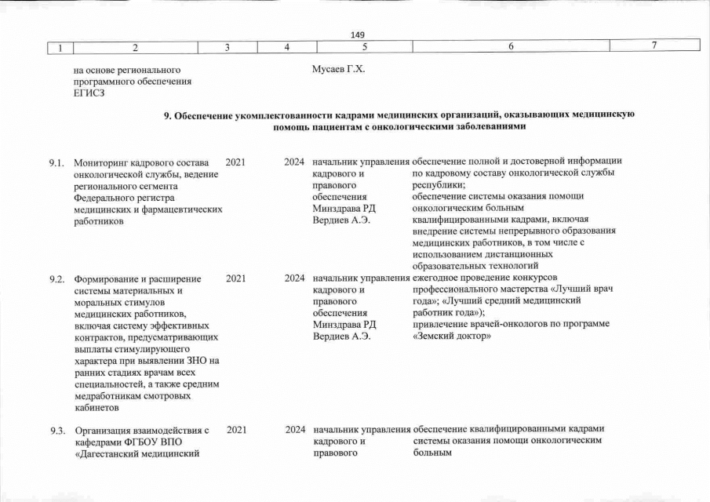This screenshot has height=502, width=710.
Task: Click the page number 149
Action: [x=359, y=34]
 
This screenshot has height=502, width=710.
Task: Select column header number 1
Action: [x=59, y=47]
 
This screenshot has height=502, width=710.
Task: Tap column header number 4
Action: [x=287, y=47]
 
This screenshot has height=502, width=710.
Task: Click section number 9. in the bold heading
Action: [x=168, y=115]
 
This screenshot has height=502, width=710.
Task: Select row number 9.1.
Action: [x=56, y=162]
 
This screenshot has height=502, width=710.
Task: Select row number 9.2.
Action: [x=56, y=278]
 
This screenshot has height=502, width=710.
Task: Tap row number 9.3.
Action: [x=56, y=430]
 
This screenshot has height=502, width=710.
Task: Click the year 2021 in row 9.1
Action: [x=235, y=162]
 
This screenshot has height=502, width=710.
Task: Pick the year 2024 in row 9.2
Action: [x=295, y=278]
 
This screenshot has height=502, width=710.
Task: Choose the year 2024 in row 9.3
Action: [x=295, y=430]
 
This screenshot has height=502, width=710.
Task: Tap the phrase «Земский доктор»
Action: [x=451, y=336]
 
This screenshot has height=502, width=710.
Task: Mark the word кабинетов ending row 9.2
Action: [x=96, y=407]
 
